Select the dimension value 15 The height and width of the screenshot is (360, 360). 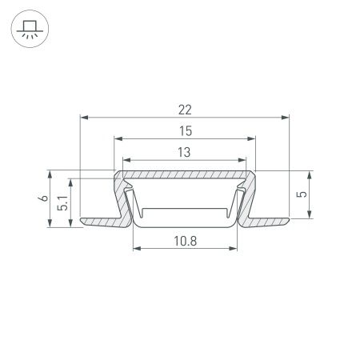[x=186, y=130]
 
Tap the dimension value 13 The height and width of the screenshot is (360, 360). [x=186, y=150]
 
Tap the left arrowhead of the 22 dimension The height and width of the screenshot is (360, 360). [x=84, y=118]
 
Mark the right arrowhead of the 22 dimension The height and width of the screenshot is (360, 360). [x=286, y=118]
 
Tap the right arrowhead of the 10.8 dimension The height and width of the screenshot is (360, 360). [x=236, y=248]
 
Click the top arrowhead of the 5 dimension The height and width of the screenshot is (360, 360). [x=311, y=174]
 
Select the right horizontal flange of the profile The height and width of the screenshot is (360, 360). [x=270, y=218]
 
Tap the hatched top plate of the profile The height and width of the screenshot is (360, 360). [x=186, y=174]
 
